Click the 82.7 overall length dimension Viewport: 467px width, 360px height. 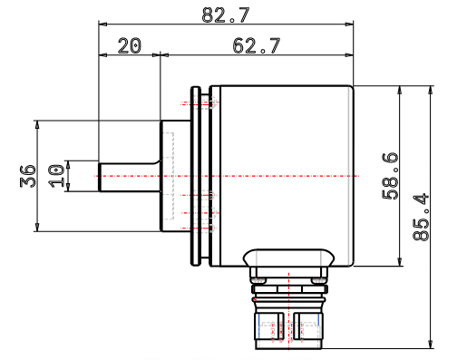pyautogui.click(x=226, y=15)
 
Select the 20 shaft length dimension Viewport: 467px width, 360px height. pyautogui.click(x=129, y=46)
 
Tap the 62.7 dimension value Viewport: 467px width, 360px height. pyautogui.click(x=257, y=46)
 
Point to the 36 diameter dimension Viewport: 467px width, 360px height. pyautogui.click(x=28, y=176)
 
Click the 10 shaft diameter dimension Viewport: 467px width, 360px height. pyautogui.click(x=56, y=176)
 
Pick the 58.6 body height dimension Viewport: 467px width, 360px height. pyautogui.click(x=390, y=176)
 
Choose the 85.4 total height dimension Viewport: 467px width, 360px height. pyautogui.click(x=421, y=217)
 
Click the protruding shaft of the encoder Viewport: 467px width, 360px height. pyautogui.click(x=130, y=177)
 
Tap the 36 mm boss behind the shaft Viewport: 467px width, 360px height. pyautogui.click(x=176, y=176)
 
